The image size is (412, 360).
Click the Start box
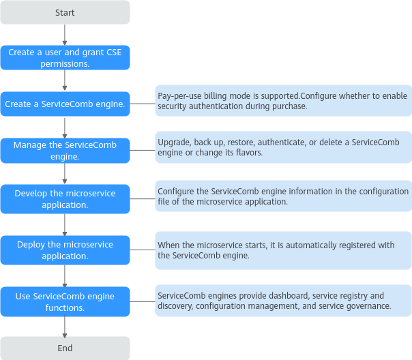(65, 12)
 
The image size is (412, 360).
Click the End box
(65, 348)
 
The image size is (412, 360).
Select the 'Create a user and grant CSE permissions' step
(65, 58)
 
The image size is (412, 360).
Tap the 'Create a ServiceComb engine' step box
(65, 104)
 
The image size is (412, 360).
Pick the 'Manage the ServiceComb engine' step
(65, 151)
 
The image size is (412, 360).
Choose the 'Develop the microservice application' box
(65, 199)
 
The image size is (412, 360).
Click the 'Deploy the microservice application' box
(65, 250)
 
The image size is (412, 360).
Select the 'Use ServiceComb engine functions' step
(65, 302)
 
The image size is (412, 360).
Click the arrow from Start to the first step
(65, 35)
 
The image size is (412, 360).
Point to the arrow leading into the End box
(65, 327)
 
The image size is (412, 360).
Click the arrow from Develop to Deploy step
(65, 225)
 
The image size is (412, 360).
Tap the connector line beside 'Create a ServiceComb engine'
(143, 104)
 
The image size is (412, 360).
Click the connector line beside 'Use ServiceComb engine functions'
(143, 301)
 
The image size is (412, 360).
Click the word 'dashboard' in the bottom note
(286, 296)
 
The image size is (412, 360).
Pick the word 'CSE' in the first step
(114, 52)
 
